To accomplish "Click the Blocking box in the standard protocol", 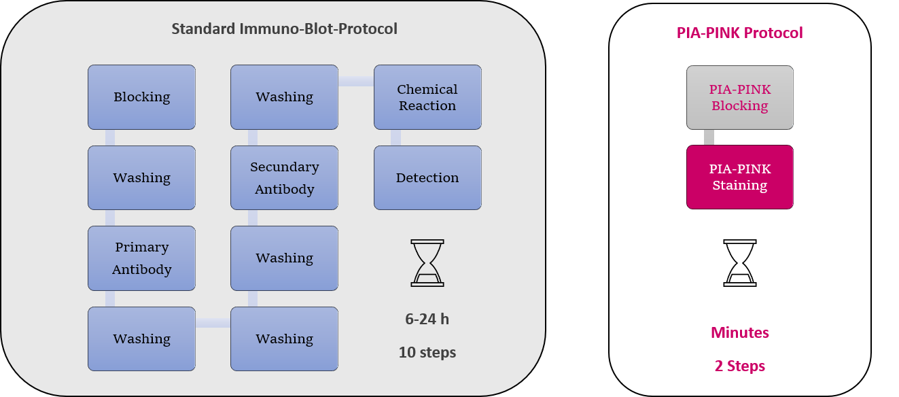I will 141,97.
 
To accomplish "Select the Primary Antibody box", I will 141,258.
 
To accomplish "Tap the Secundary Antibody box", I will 284,177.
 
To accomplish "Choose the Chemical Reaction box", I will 427,97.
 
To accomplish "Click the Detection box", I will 427,177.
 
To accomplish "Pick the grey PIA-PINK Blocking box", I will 739,97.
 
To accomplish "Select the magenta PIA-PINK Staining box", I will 739,177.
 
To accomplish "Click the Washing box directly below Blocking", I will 141,177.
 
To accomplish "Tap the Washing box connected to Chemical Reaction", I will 284,97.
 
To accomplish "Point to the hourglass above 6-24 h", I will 427,262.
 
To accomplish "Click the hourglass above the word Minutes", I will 740,262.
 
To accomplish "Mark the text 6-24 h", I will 427,319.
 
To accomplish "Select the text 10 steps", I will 427,353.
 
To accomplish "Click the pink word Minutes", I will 740,332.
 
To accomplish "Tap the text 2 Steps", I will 740,366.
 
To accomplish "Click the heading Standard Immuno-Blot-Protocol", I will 284,29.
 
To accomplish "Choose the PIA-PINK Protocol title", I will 740,33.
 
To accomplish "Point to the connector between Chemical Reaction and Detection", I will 395,137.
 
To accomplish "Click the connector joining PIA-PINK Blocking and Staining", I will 709,137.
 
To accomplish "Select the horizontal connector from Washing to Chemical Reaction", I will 356,82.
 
